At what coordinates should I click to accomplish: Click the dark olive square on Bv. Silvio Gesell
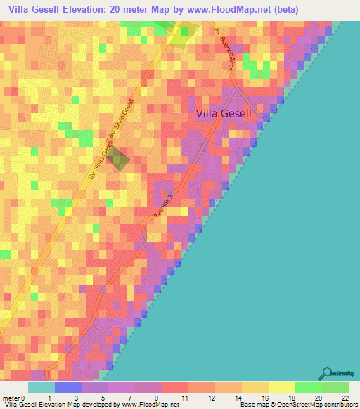[119, 159]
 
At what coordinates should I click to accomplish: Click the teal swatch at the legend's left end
[41, 388]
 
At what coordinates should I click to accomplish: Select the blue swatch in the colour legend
[68, 388]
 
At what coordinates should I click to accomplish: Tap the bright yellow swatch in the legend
[282, 388]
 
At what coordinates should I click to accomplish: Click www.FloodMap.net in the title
[217, 10]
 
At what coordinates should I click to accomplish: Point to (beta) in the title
[279, 10]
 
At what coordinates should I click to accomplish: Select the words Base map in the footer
[253, 404]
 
